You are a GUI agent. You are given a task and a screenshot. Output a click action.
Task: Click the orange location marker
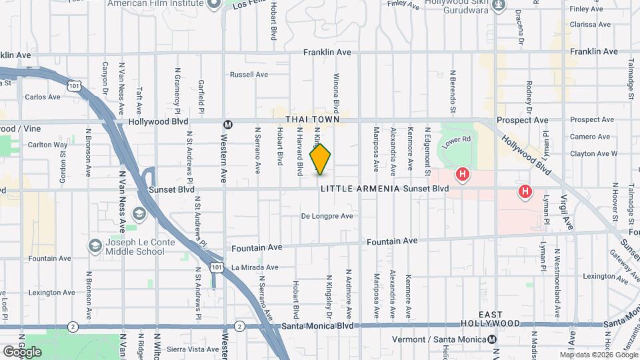[320, 159]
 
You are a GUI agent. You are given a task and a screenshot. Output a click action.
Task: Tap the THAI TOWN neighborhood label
[309, 119]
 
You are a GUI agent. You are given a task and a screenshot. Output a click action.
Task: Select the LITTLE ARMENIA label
[360, 189]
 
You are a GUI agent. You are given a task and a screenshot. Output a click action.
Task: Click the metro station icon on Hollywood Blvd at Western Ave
[228, 123]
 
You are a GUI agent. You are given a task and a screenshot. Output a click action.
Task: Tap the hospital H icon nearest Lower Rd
[461, 175]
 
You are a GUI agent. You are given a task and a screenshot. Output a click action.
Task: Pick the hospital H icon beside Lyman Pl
[525, 192]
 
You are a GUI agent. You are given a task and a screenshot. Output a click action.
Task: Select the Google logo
[22, 351]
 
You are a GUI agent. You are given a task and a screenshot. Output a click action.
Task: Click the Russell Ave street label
[249, 75]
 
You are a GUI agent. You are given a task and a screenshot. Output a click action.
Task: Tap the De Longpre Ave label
[327, 216]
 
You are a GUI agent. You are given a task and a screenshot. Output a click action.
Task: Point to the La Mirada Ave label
[253, 268]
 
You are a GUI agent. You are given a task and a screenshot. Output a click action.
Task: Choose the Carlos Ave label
[43, 97]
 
